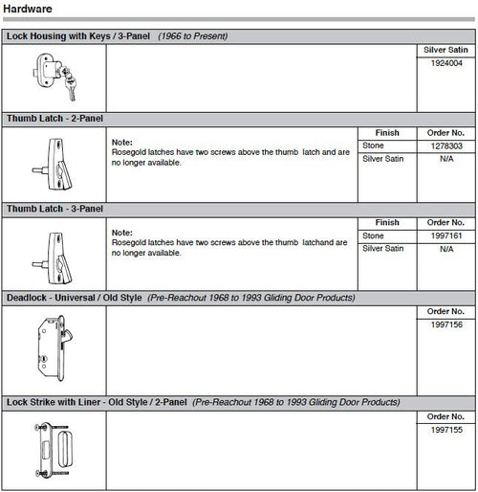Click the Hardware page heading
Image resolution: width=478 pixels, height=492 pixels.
28,9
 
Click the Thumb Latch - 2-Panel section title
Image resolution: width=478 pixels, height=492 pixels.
55,119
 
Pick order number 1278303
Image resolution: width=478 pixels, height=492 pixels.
445,145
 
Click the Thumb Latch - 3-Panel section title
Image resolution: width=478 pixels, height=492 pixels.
55,208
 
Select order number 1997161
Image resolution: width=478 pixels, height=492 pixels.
445,235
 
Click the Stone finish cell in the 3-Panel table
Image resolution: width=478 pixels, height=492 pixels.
374,235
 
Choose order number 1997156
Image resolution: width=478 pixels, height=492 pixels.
445,324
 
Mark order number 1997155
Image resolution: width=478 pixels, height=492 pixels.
445,429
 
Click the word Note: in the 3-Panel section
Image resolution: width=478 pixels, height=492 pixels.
121,232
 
